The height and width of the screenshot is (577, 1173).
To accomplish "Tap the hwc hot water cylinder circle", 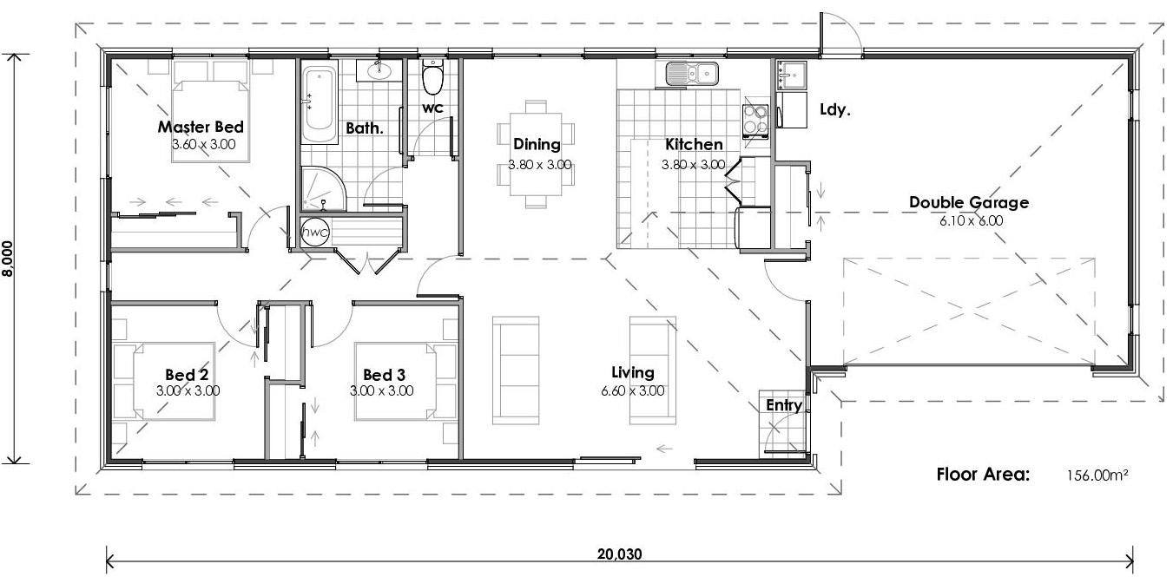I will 314,233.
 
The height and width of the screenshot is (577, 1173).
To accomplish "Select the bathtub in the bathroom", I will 319,107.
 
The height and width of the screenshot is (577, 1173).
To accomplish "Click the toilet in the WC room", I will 432,78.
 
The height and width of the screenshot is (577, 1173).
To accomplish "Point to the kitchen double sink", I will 692,74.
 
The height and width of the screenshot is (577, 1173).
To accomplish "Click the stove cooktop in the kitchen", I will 755,121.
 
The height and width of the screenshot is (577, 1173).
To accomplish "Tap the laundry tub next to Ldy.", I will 791,76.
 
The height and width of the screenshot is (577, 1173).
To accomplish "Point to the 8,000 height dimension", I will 9,259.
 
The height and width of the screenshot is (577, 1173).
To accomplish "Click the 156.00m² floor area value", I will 1097,475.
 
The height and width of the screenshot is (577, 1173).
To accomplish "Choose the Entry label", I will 783,405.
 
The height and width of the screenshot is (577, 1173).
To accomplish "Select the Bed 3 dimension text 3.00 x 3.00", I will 381,391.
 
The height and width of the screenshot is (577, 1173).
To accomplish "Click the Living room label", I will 632,373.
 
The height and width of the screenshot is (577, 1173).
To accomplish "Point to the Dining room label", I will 537,145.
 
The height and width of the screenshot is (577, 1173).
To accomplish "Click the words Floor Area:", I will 983,475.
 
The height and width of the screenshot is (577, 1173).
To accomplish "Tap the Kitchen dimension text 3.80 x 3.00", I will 693,164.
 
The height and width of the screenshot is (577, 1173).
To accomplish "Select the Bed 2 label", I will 187,375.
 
